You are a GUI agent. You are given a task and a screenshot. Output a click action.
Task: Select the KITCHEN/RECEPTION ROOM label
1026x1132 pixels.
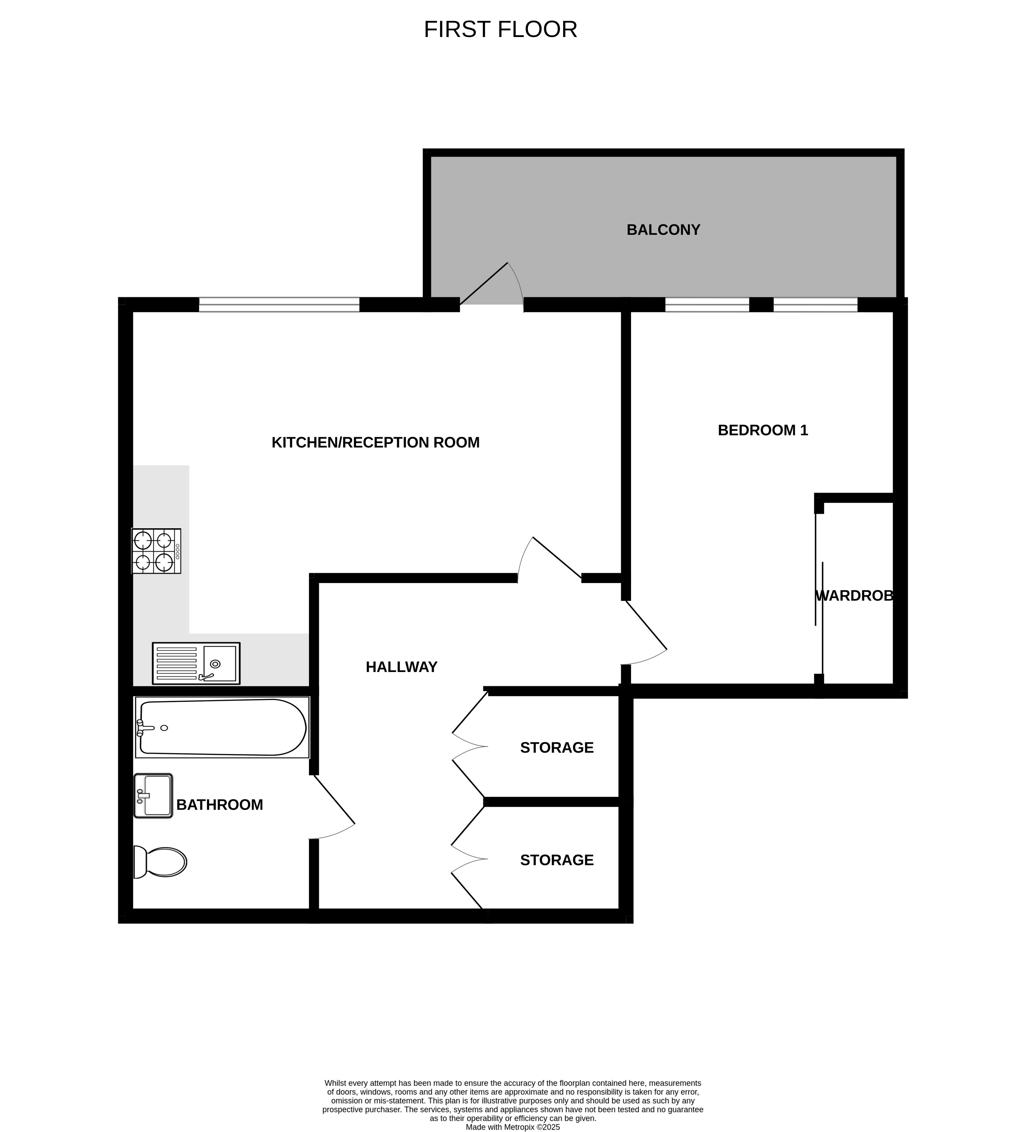tap(376, 443)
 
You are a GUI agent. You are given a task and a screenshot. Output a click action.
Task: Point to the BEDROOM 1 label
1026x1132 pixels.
tap(763, 430)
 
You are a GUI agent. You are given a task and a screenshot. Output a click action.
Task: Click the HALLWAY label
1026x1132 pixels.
tap(401, 667)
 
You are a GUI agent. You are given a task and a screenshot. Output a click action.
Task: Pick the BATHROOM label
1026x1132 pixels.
tap(219, 805)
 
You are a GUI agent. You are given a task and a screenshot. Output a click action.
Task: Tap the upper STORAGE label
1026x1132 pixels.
tap(557, 747)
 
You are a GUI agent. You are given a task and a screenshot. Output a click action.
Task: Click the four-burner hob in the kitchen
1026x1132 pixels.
tap(156, 551)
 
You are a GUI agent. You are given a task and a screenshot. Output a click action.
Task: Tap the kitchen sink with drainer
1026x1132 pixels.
tap(196, 663)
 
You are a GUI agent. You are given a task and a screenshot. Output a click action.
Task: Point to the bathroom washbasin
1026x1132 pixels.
tap(153, 796)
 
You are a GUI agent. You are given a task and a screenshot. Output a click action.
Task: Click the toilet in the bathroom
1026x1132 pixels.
tap(160, 862)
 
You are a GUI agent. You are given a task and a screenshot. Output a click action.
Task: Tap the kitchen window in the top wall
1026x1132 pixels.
tap(279, 304)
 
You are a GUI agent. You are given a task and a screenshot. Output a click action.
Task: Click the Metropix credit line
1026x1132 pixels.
tap(513, 1126)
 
